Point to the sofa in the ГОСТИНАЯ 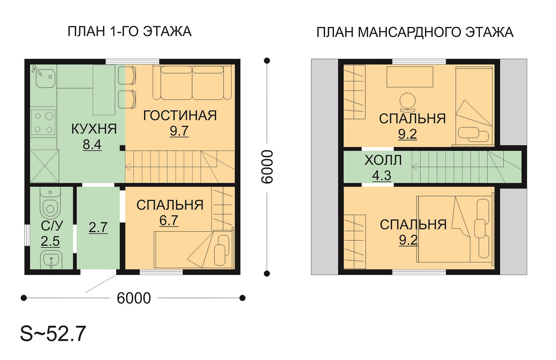pyautogui.click(x=192, y=82)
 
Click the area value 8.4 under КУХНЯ pyautogui.click(x=92, y=144)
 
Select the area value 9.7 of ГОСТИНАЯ pyautogui.click(x=179, y=131)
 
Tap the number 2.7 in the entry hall pyautogui.click(x=98, y=228)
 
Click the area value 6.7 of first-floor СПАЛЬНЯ pyautogui.click(x=169, y=220)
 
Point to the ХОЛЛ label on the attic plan pyautogui.click(x=383, y=160)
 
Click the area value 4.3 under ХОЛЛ pyautogui.click(x=382, y=175)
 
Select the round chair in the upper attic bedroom pyautogui.click(x=407, y=103)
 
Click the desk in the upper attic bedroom pyautogui.click(x=410, y=76)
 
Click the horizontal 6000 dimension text pyautogui.click(x=134, y=298)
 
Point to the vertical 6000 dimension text pyautogui.click(x=267, y=167)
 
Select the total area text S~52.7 pyautogui.click(x=53, y=334)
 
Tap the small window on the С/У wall pyautogui.click(x=27, y=235)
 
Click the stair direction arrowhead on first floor pyautogui.click(x=127, y=167)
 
